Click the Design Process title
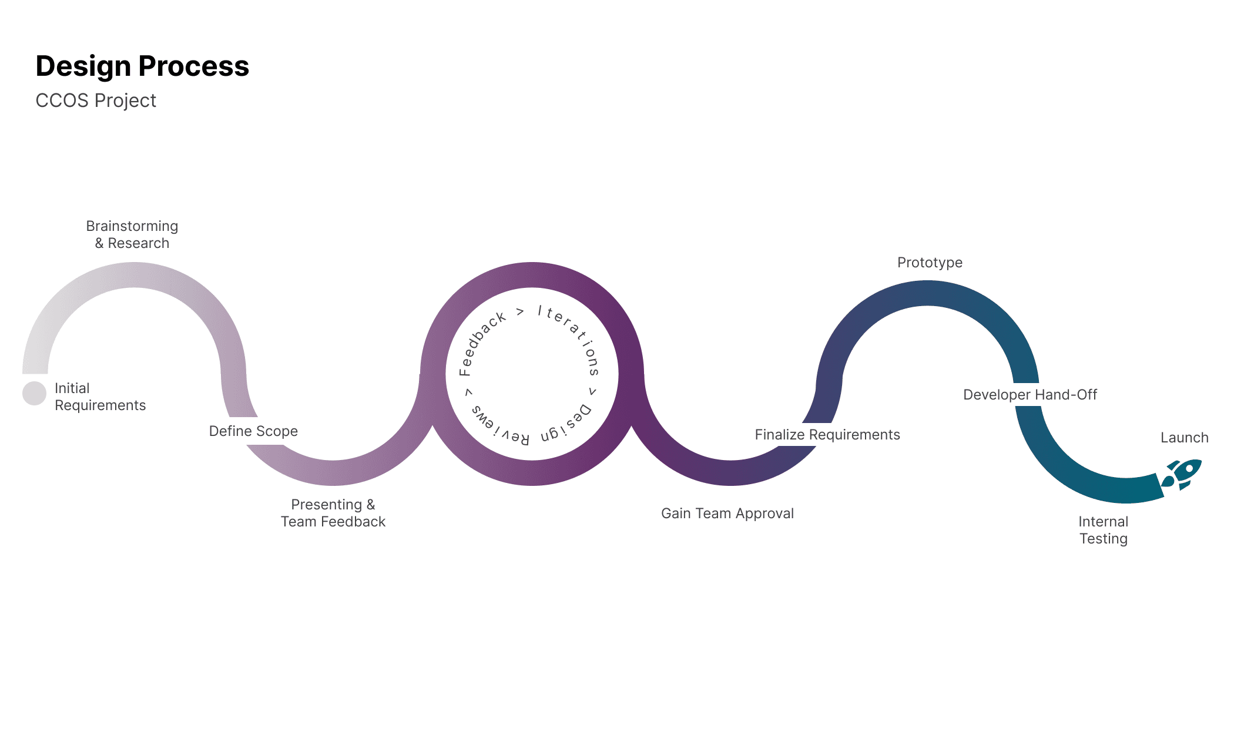coord(142,66)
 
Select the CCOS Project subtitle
coord(96,100)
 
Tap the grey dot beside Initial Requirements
coord(34,393)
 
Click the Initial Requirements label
coord(99,397)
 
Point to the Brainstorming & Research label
coord(132,234)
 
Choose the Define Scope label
coord(253,431)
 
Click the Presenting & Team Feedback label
coord(333,513)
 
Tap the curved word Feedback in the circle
coord(481,343)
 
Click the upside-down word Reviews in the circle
coord(499,427)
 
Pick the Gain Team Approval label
coord(727,514)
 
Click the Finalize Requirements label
coord(827,435)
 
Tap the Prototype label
coord(930,263)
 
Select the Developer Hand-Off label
coord(1030,395)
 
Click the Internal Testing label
coord(1103,530)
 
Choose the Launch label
coord(1184,438)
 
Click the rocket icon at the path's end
coord(1182,475)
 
